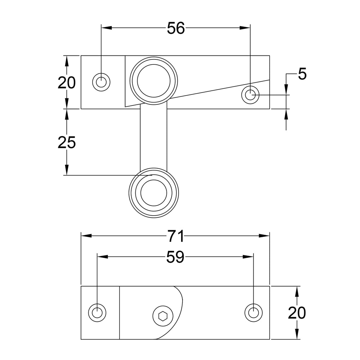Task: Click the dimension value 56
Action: click(176, 28)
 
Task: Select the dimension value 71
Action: click(176, 236)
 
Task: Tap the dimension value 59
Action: click(175, 257)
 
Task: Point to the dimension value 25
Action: click(67, 142)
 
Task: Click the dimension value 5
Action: click(302, 74)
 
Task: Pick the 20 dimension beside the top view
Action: click(67, 83)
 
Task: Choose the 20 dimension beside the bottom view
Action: click(297, 313)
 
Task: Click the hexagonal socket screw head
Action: click(163, 316)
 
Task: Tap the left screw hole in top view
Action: click(101, 82)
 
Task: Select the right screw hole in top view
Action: click(250, 95)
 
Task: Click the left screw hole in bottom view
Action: click(97, 313)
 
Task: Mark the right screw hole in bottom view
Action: click(253, 313)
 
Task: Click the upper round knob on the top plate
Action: click(154, 81)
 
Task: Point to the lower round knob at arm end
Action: click(154, 193)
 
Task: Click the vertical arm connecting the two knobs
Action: click(154, 138)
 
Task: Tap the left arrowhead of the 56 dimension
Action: click(107, 28)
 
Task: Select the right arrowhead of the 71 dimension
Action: click(264, 236)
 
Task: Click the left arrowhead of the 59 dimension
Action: click(103, 257)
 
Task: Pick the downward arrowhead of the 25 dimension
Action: click(67, 170)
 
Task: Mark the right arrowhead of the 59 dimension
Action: click(248, 257)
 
